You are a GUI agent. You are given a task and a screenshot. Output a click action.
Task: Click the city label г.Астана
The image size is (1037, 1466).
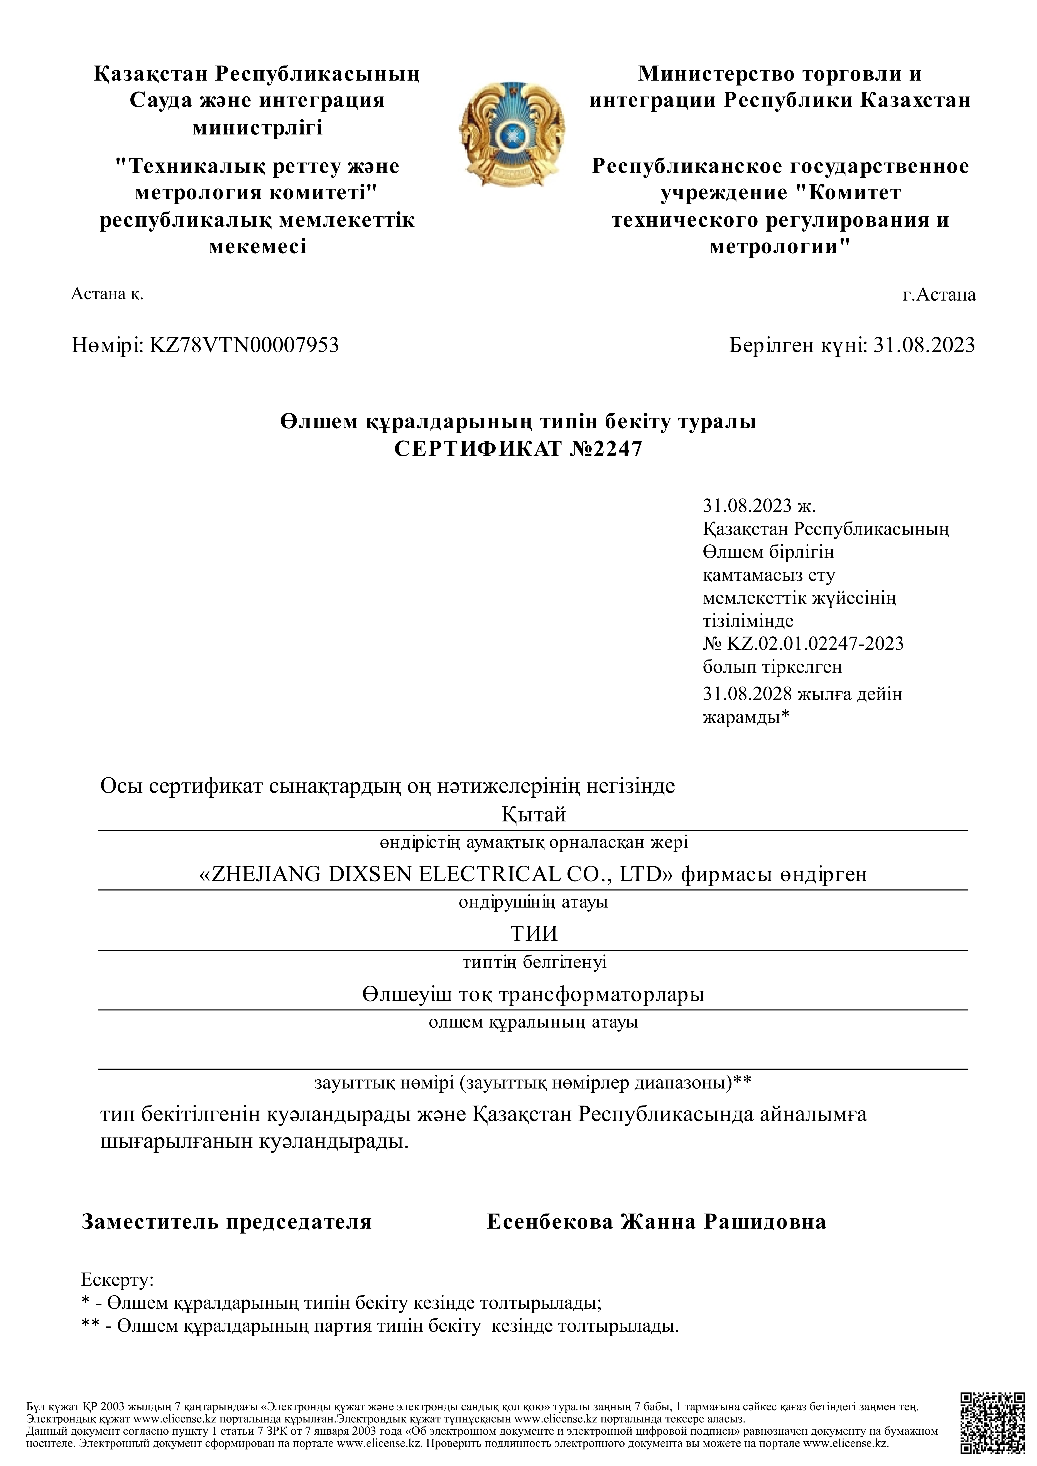[939, 295]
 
